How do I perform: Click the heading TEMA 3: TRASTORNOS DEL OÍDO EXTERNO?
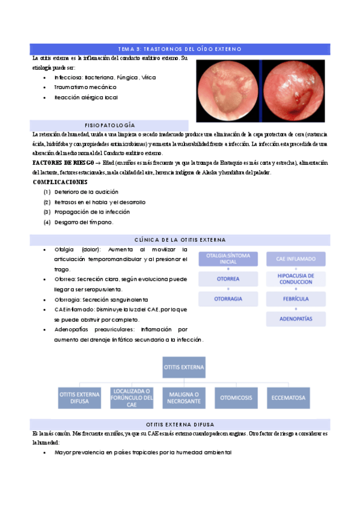180,48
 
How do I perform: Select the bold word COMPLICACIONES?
59,182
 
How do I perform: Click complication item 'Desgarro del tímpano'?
84,222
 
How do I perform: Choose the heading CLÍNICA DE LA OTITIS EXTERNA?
180,240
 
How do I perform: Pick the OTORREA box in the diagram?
228,279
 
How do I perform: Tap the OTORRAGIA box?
228,299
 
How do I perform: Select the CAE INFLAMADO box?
295,259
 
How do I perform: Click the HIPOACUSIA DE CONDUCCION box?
295,278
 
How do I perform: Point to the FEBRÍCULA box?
295,299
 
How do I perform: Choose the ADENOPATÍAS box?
295,319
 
